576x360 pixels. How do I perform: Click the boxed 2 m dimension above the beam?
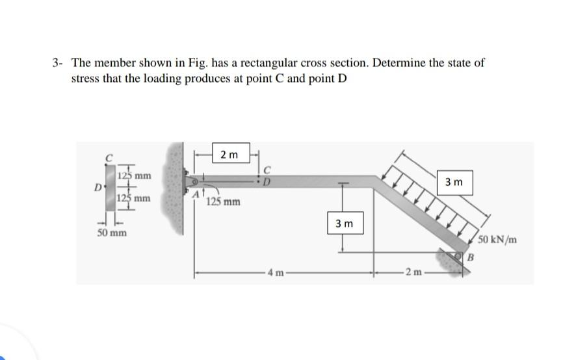tap(229, 155)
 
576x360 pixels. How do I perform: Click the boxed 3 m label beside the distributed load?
tap(456, 183)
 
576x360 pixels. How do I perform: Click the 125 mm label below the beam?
tap(224, 201)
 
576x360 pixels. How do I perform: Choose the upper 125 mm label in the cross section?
tap(135, 175)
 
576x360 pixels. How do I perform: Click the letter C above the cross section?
tap(111, 156)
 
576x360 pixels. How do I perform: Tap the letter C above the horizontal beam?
tap(267, 171)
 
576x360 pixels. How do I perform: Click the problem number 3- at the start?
tap(59, 63)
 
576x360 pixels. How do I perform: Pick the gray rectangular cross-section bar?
tap(111, 188)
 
